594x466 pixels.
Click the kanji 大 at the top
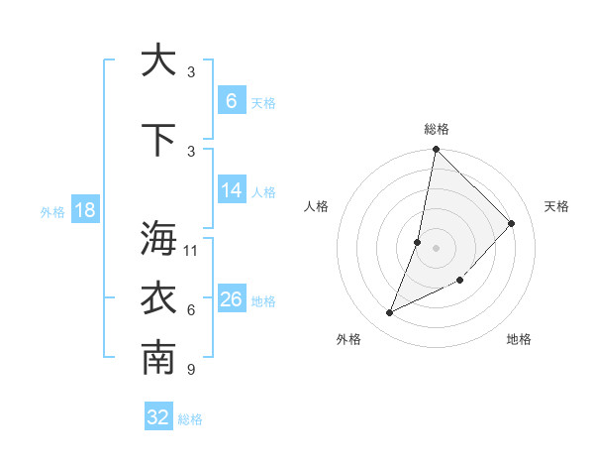click(x=158, y=60)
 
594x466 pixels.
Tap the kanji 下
click(x=158, y=140)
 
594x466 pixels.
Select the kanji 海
click(x=158, y=238)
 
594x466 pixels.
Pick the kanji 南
click(x=158, y=359)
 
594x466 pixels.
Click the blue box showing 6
click(x=231, y=101)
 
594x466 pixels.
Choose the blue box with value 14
click(x=231, y=190)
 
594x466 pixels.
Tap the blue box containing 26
click(x=231, y=299)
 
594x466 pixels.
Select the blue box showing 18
click(x=84, y=210)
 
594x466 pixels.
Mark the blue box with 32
click(x=158, y=417)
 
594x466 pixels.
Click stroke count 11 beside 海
click(x=191, y=250)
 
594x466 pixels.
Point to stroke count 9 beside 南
click(x=191, y=370)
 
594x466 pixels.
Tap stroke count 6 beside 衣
click(x=191, y=310)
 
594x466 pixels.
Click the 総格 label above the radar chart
click(x=437, y=129)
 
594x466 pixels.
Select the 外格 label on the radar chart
click(x=348, y=339)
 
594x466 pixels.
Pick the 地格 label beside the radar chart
click(x=519, y=339)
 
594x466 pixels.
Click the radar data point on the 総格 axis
click(x=436, y=150)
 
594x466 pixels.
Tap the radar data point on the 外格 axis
click(x=390, y=313)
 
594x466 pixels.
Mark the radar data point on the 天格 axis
click(x=512, y=223)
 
